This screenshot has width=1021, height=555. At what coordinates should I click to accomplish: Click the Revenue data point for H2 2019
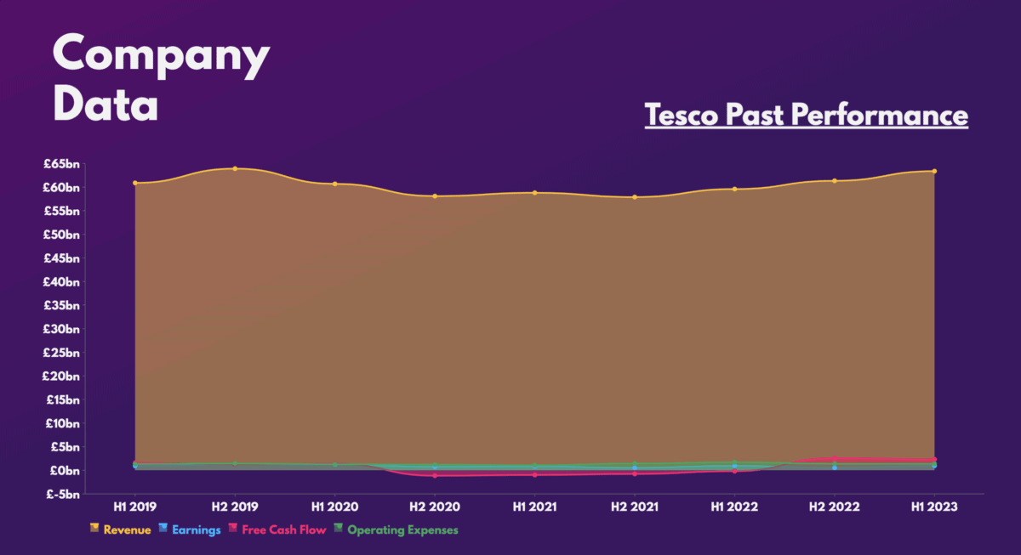click(x=235, y=168)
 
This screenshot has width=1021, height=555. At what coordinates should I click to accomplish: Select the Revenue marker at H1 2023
click(x=934, y=171)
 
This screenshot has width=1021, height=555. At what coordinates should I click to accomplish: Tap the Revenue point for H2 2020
click(x=435, y=196)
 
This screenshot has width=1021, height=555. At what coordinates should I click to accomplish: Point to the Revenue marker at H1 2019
click(x=135, y=183)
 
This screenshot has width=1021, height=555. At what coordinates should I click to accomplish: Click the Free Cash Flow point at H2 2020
click(x=435, y=475)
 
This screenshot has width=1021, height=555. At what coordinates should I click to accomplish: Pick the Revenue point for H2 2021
click(x=635, y=197)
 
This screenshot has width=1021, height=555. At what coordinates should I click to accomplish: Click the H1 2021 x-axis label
click(x=534, y=507)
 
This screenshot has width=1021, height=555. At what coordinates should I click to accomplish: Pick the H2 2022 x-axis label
click(x=835, y=507)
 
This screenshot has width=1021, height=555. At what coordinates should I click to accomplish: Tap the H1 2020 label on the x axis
click(x=334, y=507)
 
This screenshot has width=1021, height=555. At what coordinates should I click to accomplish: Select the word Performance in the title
click(x=881, y=115)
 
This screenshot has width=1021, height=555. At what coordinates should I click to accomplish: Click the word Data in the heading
click(x=106, y=105)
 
